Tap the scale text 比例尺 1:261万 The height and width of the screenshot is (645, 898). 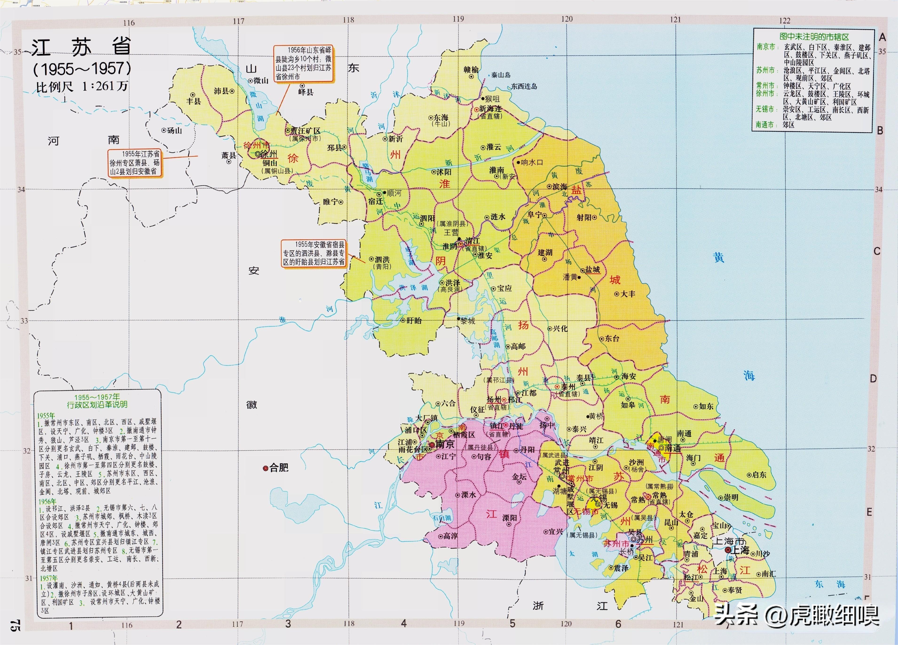tap(82, 86)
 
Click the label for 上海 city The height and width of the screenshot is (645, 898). tap(739, 550)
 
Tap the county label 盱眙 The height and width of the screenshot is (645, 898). tap(414, 320)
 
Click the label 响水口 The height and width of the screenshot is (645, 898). tap(532, 162)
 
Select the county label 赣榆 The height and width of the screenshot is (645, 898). tap(471, 70)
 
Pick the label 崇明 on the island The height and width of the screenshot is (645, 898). tap(731, 498)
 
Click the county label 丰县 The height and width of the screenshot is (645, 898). tap(194, 101)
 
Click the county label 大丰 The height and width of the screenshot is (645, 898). tap(628, 294)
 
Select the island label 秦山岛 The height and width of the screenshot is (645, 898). tap(501, 75)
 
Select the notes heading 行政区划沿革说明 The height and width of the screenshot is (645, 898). tap(97, 401)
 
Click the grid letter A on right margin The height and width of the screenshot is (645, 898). tap(882, 37)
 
